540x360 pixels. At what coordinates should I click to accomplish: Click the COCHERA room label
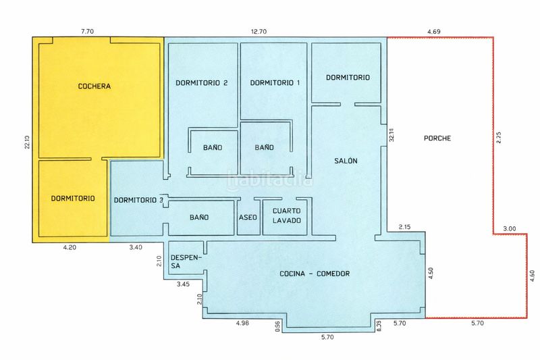coord(94,86)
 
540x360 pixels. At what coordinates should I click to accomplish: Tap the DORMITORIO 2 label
coord(201,82)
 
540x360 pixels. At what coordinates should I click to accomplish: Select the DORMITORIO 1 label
coord(275,82)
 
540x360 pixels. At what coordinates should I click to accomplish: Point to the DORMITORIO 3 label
coord(138,200)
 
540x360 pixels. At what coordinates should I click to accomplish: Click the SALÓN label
coord(346,161)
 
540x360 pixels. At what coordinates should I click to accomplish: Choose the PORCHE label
coord(437,138)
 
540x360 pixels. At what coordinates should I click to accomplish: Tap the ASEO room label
coord(248,217)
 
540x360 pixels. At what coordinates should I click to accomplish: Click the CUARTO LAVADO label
coord(287,215)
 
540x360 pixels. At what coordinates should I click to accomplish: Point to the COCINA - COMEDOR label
coord(315,274)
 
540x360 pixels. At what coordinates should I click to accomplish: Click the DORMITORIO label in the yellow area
coord(73,198)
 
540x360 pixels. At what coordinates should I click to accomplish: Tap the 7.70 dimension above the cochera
coord(87,31)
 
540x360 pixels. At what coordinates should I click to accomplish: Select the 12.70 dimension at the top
coord(259,31)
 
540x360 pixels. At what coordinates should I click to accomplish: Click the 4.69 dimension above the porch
coord(434,31)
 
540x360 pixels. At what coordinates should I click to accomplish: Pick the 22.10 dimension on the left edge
coord(27,142)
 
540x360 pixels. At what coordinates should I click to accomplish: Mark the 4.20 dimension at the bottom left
coord(70,247)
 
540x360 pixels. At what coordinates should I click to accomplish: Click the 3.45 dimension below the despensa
coord(183,284)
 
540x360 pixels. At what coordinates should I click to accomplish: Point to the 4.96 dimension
coord(242,323)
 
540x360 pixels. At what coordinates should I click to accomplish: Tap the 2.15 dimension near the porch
coord(404,227)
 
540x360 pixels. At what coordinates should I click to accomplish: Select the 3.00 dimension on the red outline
coord(510,228)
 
